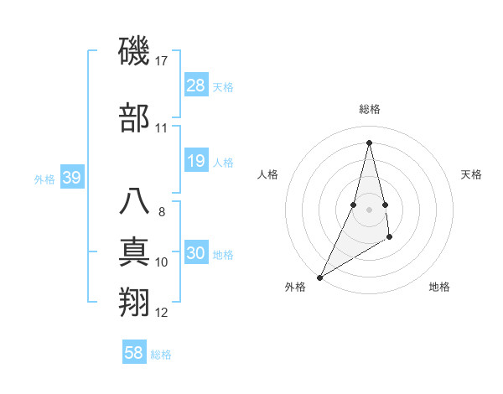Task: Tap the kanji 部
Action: (x=135, y=118)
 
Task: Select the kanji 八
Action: (x=135, y=202)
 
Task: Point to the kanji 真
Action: (x=135, y=252)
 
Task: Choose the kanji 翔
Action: (x=135, y=302)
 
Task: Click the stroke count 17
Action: (x=162, y=60)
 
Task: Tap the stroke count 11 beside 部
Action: (x=162, y=128)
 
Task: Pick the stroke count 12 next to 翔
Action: (x=162, y=313)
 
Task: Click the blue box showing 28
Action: (x=196, y=86)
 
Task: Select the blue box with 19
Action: (x=196, y=161)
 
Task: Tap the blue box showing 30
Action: (x=196, y=253)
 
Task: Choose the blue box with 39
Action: (x=71, y=178)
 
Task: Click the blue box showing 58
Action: (x=134, y=353)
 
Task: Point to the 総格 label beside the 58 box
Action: (x=161, y=355)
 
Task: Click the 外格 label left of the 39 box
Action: (x=44, y=179)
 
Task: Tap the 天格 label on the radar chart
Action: (x=471, y=174)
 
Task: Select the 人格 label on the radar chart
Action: (x=267, y=174)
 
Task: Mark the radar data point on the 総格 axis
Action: (x=369, y=142)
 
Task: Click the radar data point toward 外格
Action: (x=319, y=277)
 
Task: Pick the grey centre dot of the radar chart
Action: (x=369, y=209)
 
